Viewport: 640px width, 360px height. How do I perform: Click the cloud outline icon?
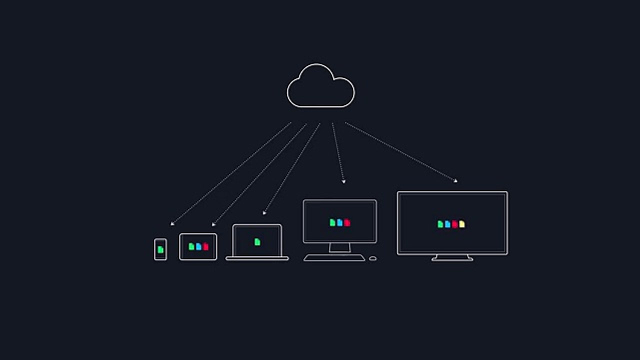[x=320, y=86]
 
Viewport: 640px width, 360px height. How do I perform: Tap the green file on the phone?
[x=160, y=249]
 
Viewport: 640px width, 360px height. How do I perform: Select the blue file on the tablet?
[x=198, y=246]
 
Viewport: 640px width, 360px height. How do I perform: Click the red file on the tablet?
[x=205, y=246]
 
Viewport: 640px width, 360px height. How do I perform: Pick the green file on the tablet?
[x=191, y=246]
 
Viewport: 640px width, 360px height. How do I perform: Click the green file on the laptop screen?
[x=257, y=242]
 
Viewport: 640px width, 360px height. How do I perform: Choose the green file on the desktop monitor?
[x=332, y=222]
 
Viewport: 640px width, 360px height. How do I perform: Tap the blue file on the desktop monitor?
[x=340, y=222]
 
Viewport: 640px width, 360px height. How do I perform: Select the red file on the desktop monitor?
[x=347, y=222]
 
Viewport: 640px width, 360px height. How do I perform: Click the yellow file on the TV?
[x=461, y=224]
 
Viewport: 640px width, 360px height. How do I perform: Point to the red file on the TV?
[x=454, y=224]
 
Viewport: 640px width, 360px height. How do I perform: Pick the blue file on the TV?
[x=447, y=224]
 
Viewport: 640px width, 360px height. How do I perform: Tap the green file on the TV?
[x=440, y=224]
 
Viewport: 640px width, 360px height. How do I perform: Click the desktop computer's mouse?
[x=372, y=258]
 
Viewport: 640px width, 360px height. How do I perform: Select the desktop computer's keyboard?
[x=334, y=258]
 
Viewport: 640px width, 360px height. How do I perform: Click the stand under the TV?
[x=452, y=258]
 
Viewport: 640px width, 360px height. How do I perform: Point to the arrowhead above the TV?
[x=455, y=181]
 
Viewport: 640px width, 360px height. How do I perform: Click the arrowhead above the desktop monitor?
[x=343, y=182]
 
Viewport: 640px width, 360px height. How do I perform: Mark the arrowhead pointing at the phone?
[x=172, y=224]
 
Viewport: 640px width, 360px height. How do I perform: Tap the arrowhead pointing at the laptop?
[x=264, y=213]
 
